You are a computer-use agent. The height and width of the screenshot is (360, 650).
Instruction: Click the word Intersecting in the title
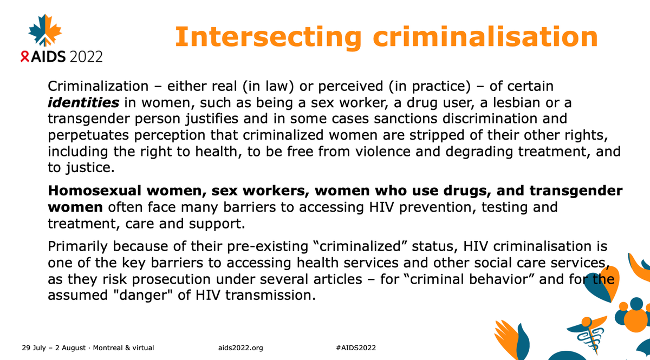pyautogui.click(x=269, y=37)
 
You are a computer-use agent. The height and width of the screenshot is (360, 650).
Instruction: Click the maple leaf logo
pyautogui.click(x=45, y=30)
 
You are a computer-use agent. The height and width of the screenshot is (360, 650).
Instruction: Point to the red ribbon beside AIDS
pyautogui.click(x=25, y=56)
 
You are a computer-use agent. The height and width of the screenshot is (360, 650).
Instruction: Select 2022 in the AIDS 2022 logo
pyautogui.click(x=86, y=56)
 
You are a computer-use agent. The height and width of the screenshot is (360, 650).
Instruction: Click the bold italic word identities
pyautogui.click(x=83, y=103)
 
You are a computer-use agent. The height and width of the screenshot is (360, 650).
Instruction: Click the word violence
pyautogui.click(x=383, y=152)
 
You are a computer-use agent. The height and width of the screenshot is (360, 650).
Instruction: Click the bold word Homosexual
pyautogui.click(x=95, y=191)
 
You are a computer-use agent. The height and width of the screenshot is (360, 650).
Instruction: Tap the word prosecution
pyautogui.click(x=171, y=279)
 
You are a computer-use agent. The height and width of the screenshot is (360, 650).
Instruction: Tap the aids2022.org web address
pyautogui.click(x=240, y=348)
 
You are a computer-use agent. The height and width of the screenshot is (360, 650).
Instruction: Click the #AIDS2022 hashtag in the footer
pyautogui.click(x=356, y=348)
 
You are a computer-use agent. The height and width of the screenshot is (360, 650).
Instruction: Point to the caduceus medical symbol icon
pyautogui.click(x=588, y=334)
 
